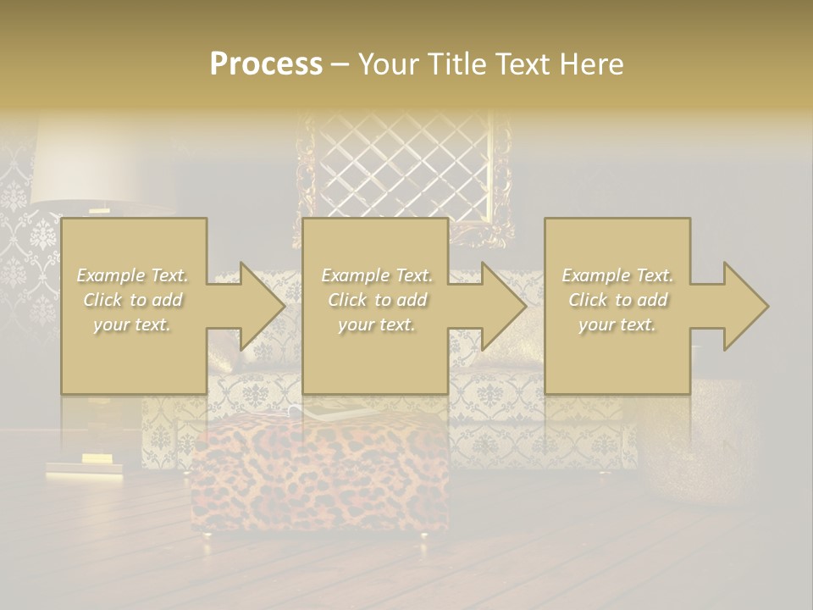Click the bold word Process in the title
point(266,64)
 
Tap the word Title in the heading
point(456,64)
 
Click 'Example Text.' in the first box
point(132,275)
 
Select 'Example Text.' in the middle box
point(377,275)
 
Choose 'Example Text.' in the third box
point(617,275)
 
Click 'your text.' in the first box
point(132,324)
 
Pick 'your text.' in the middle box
point(377,324)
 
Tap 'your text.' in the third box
point(617,324)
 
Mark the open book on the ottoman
point(330,411)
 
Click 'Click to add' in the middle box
point(377,300)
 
